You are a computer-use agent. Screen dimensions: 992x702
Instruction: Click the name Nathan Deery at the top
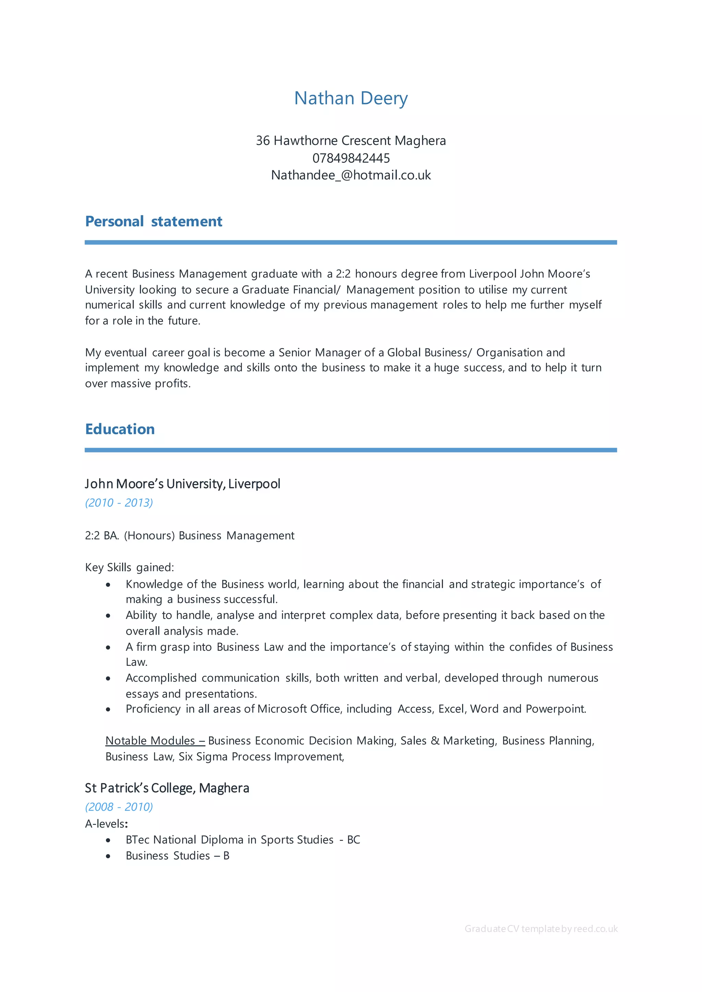click(351, 99)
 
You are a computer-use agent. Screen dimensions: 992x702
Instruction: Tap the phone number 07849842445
click(351, 158)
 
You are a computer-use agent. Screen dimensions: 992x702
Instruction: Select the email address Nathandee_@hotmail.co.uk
click(351, 175)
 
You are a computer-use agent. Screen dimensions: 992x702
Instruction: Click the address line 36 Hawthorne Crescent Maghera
click(351, 140)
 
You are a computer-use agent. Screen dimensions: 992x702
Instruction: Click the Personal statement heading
click(154, 221)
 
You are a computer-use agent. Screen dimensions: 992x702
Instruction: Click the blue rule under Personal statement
click(351, 243)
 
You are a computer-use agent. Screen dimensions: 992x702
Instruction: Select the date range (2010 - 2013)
click(119, 503)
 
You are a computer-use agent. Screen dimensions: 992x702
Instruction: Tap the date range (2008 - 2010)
click(119, 807)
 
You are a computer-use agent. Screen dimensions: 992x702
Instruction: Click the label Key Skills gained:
click(129, 567)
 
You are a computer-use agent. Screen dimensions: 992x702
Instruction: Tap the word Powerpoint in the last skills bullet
click(555, 709)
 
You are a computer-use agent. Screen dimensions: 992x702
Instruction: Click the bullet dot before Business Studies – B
click(108, 856)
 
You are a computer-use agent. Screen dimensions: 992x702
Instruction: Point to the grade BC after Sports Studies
click(354, 840)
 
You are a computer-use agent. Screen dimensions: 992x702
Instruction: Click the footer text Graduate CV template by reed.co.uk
click(541, 929)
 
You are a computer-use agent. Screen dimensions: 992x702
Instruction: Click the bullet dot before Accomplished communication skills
click(108, 678)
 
